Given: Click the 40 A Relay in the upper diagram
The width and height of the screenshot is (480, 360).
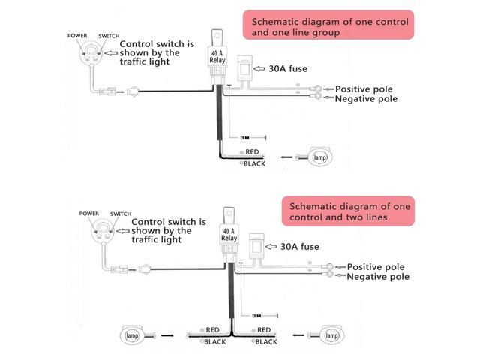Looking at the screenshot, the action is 217,57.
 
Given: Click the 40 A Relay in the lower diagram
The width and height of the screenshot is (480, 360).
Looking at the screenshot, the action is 229,235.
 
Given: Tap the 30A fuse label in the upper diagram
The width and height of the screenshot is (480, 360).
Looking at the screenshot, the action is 288,68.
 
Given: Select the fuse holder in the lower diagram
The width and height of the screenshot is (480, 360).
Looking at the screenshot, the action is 256,247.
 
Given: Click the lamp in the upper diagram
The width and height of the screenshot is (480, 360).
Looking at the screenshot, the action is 319,157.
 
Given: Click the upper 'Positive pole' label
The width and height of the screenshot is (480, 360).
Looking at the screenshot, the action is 364,89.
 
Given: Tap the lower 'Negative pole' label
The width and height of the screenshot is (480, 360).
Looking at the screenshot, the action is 378,277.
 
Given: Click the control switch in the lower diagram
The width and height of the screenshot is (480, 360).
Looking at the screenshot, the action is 103,232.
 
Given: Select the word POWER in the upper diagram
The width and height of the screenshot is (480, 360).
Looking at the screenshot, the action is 77,36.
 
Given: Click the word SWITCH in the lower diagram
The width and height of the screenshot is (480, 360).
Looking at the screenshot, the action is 121,214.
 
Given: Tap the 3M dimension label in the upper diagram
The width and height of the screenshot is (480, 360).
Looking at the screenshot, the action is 244,138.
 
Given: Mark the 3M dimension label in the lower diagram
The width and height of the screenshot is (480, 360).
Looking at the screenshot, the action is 256,316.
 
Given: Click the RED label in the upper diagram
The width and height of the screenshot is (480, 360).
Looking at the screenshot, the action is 252,151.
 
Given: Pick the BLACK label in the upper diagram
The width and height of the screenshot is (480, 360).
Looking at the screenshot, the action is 255,163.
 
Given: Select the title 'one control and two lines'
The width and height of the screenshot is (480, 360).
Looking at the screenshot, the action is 350,211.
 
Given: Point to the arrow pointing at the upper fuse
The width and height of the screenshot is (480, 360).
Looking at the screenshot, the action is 259,68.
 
